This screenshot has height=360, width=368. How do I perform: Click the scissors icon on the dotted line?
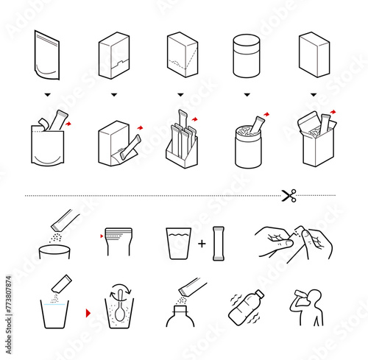click(x=289, y=195)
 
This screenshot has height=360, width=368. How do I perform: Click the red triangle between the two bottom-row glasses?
click(x=88, y=312)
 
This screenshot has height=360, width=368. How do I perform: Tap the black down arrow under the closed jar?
click(x=247, y=94)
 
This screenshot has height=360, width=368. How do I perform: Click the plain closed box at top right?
click(x=314, y=55)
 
